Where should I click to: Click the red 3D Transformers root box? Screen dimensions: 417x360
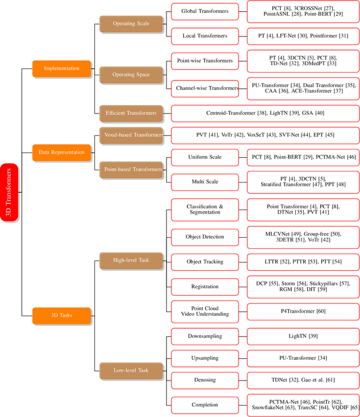10,192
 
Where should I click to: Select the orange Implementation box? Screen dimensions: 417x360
62,69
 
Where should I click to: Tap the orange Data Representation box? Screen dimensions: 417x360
62,152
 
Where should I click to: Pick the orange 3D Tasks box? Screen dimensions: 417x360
62,315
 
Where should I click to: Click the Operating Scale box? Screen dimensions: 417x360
132,24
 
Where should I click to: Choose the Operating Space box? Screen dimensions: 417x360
132,74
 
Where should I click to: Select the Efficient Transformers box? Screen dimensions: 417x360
132,113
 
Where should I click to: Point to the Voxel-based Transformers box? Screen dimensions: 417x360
132,135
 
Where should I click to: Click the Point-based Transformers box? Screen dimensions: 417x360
132,169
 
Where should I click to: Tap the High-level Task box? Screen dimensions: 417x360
132,260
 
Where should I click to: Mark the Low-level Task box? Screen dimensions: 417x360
132,370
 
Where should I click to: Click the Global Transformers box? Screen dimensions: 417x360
205,11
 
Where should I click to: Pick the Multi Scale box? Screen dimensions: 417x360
205,182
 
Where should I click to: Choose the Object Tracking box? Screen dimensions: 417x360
205,262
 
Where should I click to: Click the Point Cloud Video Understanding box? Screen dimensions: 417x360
205,311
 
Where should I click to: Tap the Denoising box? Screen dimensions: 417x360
205,380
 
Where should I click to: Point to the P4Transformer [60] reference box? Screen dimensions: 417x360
303,311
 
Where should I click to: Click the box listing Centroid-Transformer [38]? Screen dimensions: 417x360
265,113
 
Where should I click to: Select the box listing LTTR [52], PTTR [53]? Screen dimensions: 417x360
303,262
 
